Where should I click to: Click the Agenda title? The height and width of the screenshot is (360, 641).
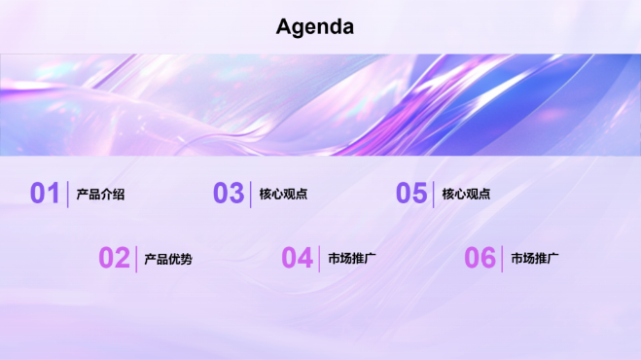314,27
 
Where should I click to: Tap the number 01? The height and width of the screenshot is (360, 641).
45,194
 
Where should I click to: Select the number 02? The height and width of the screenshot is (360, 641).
114,258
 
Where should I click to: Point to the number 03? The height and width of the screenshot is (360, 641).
229,194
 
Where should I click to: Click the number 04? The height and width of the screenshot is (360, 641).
297,258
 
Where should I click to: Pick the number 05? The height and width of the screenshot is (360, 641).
411,194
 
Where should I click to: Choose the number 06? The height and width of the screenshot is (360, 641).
480,258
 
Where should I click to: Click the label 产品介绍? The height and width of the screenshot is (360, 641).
100,195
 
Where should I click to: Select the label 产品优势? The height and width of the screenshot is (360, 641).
168,259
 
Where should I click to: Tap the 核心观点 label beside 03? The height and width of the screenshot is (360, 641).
283,195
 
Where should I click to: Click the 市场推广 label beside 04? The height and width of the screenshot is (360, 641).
352,259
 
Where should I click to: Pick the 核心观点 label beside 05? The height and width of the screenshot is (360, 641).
466,195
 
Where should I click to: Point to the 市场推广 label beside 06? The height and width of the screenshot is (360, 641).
535,259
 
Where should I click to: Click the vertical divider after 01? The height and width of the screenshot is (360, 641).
68,194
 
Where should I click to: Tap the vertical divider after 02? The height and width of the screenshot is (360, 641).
136,258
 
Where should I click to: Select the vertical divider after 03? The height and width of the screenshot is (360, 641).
251,194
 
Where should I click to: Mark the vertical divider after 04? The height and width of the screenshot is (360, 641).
319,258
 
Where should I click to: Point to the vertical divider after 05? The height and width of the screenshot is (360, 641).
434,194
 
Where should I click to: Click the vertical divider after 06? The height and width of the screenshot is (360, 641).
502,258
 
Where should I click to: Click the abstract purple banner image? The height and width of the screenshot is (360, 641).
320,104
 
